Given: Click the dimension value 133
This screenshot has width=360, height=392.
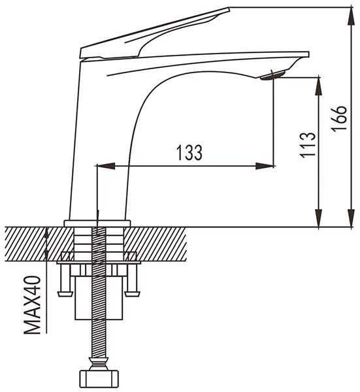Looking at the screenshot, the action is click(x=189, y=152).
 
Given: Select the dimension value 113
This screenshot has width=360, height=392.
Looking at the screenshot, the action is click(x=308, y=145).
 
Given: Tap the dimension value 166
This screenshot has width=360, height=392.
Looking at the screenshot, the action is click(x=339, y=118).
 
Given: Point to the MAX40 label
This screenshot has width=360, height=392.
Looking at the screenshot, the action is click(x=32, y=304).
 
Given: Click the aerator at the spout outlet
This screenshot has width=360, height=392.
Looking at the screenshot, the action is click(x=272, y=75).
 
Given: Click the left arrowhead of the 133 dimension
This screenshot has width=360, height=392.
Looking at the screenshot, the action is click(x=106, y=166).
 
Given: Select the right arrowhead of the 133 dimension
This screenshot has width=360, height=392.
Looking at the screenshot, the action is click(x=265, y=166).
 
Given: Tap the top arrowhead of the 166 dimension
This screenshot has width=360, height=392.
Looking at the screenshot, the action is click(x=352, y=16).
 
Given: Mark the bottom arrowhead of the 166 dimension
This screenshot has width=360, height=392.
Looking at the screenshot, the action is click(x=352, y=218).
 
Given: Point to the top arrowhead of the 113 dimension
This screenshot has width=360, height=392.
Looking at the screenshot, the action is click(x=318, y=86).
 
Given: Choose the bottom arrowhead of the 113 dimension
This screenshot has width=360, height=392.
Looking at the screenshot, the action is click(x=318, y=218).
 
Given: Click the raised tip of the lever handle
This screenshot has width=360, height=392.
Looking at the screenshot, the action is click(x=229, y=10).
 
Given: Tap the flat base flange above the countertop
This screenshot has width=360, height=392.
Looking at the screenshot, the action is click(x=97, y=223).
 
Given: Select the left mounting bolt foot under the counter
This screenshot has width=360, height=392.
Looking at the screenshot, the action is click(x=65, y=280).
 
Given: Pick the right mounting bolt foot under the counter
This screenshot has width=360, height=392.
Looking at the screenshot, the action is click(x=132, y=280).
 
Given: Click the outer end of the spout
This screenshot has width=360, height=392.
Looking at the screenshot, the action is click(x=308, y=54).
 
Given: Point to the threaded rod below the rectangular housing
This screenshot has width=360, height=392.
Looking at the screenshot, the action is click(x=99, y=338).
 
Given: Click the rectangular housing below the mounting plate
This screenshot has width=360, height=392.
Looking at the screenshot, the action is click(x=99, y=298).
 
